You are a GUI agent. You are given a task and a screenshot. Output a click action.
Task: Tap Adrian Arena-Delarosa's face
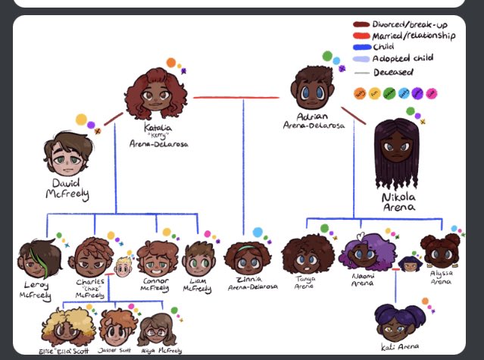point(311,89)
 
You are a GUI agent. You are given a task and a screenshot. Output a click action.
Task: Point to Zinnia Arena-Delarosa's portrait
point(247,261)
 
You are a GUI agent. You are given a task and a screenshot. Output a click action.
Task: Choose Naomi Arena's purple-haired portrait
point(360,254)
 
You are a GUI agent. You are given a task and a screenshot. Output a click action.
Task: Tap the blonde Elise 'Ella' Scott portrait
point(66,326)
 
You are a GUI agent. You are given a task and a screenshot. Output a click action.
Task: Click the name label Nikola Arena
point(398,202)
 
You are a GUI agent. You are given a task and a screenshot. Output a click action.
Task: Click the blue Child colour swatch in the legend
point(361,46)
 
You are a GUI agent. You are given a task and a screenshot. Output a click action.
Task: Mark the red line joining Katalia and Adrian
point(235,98)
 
